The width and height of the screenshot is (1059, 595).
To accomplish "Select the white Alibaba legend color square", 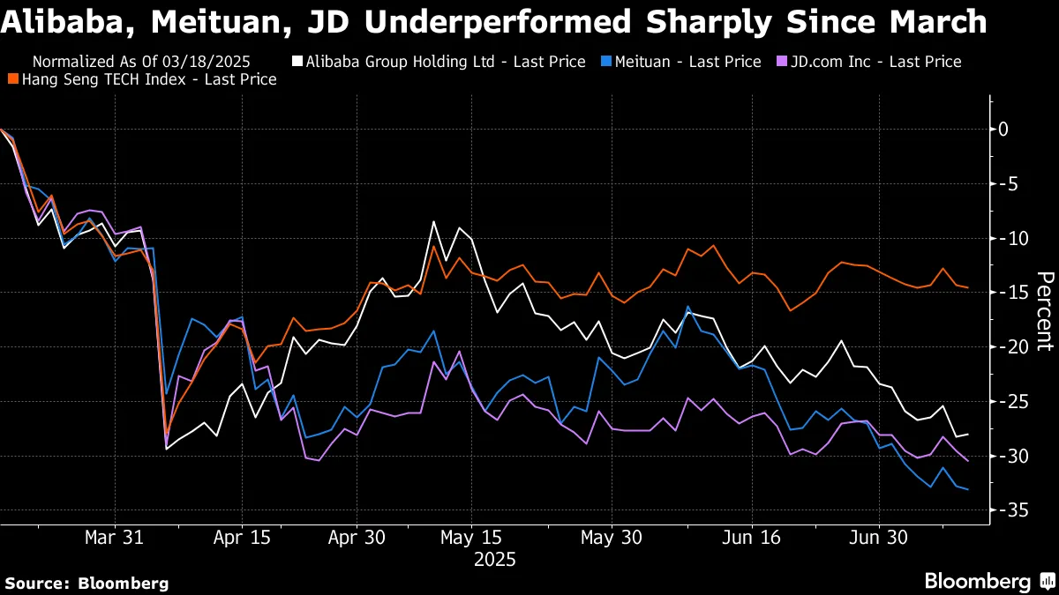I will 297,62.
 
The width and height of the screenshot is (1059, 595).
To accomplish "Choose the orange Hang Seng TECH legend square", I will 12,79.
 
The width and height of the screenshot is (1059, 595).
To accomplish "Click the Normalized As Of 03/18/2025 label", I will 141,62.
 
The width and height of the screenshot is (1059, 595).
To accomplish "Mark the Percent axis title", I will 1044,312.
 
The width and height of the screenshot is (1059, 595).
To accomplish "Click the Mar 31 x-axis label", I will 115,537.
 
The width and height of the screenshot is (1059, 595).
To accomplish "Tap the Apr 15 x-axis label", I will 241,537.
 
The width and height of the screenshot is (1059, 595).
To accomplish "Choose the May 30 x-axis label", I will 611,537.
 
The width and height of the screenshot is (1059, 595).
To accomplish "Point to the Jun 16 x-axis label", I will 750,537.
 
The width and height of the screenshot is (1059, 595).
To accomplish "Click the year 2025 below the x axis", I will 494,559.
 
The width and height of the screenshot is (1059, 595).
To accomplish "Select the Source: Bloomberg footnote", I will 86,583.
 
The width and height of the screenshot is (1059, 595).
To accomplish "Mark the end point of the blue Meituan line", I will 968,489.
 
